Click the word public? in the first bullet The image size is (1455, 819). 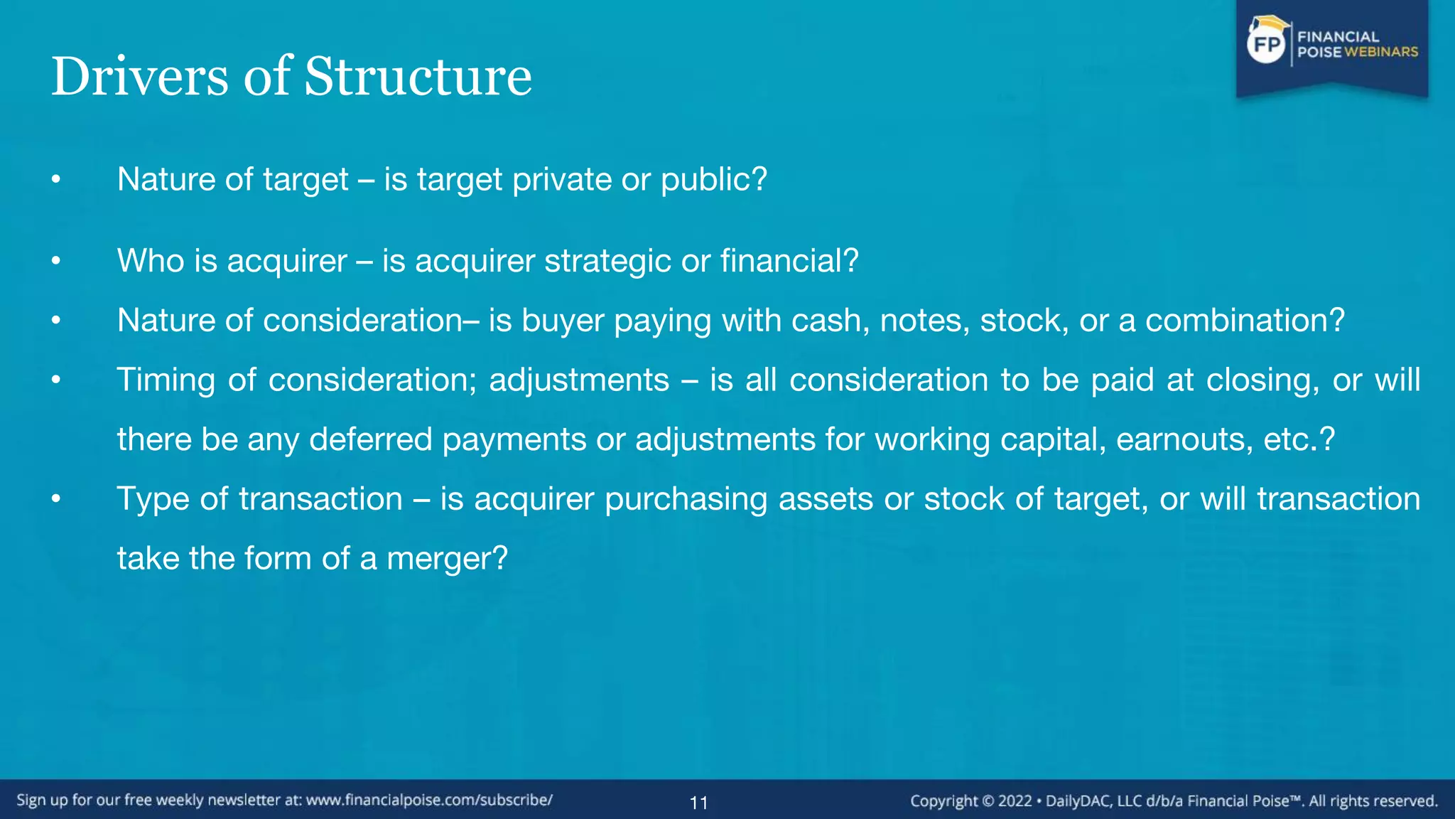(714, 180)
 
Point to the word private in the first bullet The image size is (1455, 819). (562, 179)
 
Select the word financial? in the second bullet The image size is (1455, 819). (789, 261)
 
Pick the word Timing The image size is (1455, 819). (166, 380)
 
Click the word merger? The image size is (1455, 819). (447, 559)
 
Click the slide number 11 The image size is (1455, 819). (699, 803)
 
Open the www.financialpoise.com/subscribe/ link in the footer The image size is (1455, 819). (429, 801)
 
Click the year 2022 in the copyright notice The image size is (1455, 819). (1015, 801)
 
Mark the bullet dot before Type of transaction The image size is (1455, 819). (56, 500)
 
